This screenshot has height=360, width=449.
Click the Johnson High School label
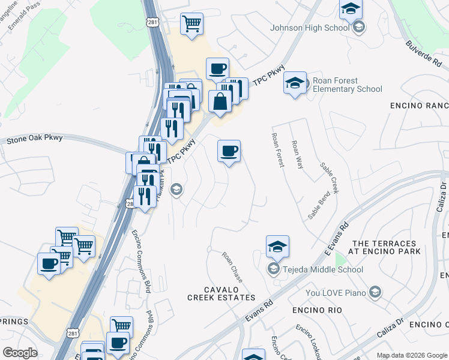click(310, 28)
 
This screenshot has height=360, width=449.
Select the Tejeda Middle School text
click(324, 269)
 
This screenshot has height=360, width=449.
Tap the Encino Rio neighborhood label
click(317, 310)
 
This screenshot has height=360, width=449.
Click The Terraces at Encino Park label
click(384, 248)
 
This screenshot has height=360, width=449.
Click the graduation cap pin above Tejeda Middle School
click(277, 246)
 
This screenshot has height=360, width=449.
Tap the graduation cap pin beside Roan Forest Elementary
click(295, 83)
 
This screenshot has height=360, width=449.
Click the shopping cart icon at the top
click(191, 24)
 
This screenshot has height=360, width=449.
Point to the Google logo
click(20, 353)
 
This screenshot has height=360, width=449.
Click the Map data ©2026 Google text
click(411, 355)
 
